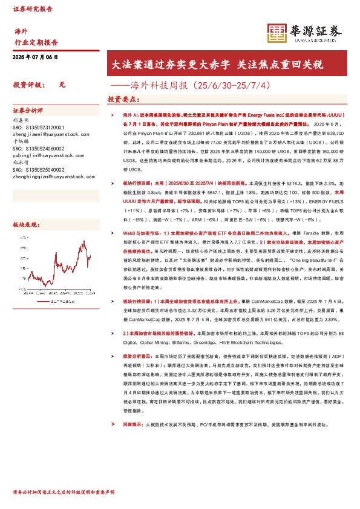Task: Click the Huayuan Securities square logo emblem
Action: click(x=277, y=32)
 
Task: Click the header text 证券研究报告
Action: click(x=33, y=10)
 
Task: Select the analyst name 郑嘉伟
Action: click(x=21, y=120)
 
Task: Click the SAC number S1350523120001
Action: click(x=38, y=128)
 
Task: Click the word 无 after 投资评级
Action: click(x=62, y=86)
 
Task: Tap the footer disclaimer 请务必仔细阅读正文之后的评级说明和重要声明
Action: click(x=64, y=493)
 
